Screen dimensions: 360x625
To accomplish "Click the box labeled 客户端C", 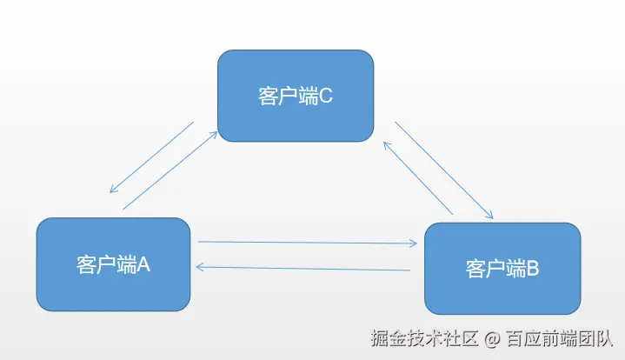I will pos(296,96).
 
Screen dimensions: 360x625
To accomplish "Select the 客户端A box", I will pos(113,264).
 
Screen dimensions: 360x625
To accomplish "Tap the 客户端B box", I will pos(502,269).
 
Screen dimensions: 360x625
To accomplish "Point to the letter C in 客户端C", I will pos(327,96).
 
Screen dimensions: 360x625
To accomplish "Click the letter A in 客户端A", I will pos(144,264).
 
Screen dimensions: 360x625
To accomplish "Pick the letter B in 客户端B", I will pos(533,269).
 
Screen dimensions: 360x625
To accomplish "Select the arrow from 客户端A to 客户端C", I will pos(170,170).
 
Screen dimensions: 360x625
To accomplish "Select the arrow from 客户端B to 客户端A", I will pos(304,268).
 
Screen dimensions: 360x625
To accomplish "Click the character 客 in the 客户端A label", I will pos(85,264).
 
